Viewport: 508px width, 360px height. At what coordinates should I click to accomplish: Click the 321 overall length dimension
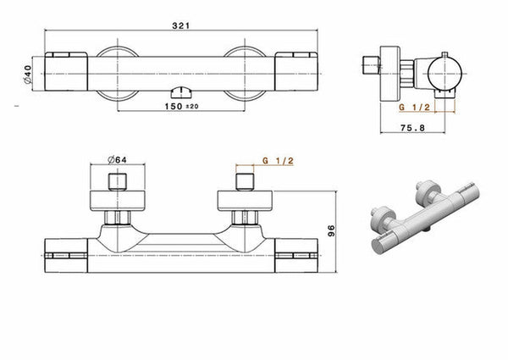(x=180, y=25)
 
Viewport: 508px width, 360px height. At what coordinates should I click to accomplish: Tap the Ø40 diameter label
(x=28, y=75)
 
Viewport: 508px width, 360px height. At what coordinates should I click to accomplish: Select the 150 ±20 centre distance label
(x=181, y=106)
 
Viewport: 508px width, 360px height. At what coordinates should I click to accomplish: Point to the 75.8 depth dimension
(x=412, y=128)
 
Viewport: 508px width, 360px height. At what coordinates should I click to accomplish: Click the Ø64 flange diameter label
(x=118, y=159)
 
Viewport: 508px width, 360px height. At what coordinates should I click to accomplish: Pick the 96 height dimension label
(x=331, y=230)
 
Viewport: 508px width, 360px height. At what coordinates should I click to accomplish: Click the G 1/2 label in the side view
(x=414, y=108)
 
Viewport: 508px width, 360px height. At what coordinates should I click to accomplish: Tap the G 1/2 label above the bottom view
(x=278, y=161)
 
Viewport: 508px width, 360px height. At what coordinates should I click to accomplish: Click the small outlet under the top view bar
(x=181, y=92)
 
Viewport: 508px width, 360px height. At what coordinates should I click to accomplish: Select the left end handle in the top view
(x=66, y=71)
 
